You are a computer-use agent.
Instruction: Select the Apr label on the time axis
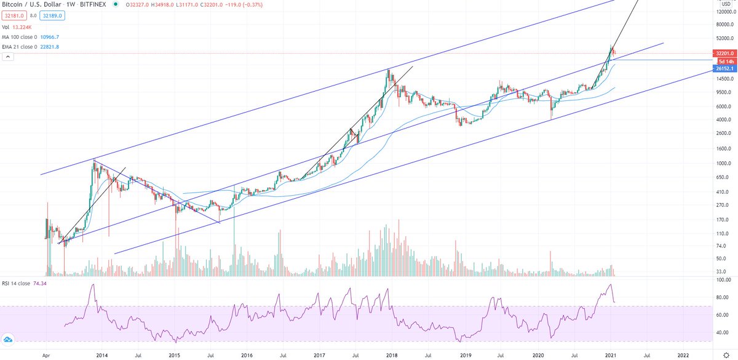[x=46, y=355]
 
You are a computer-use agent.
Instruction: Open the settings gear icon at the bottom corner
[x=726, y=355]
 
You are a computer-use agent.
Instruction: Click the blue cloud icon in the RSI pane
[x=9, y=339]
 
